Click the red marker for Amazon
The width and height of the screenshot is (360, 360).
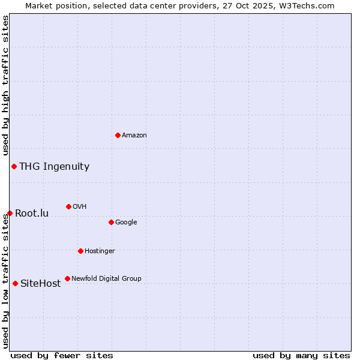tap(118, 135)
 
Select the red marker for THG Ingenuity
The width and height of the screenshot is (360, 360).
tap(14, 166)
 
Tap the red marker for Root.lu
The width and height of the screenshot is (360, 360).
tap(10, 213)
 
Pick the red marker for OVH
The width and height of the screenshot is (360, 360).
tap(68, 206)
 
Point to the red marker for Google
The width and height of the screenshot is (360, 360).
tap(111, 222)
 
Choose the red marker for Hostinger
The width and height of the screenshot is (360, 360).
tap(80, 251)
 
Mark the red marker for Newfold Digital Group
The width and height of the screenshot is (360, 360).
tap(67, 278)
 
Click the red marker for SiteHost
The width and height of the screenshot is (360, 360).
tap(15, 283)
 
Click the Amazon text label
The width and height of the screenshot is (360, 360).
tap(134, 136)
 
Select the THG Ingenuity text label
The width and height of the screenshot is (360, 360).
tap(54, 167)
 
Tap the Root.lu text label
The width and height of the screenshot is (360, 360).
tap(32, 214)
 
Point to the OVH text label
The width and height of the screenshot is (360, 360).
tap(80, 207)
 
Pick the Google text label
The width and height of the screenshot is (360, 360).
tap(126, 223)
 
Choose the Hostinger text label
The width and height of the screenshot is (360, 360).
tap(100, 251)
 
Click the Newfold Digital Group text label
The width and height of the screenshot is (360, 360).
tap(106, 279)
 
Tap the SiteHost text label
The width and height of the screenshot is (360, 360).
tap(40, 284)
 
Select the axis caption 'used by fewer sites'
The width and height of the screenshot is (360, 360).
tap(62, 355)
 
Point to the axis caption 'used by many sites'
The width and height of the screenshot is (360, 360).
tap(301, 355)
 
